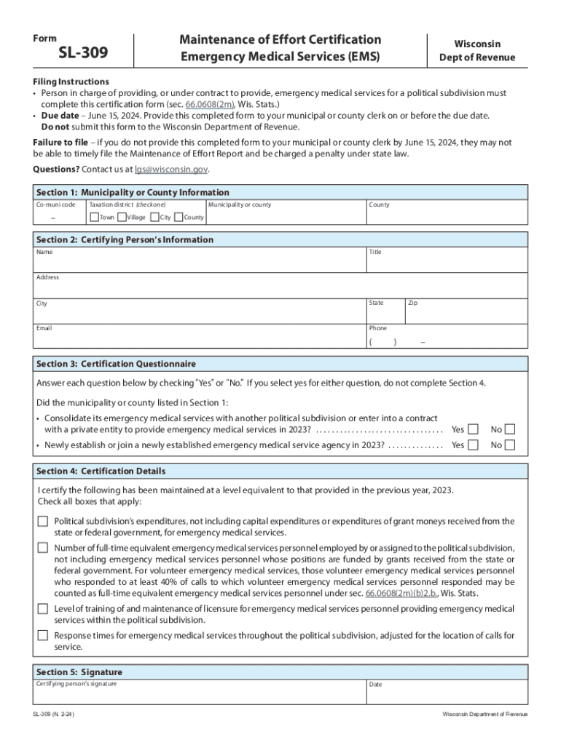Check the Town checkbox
(94, 217)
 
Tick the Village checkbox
(122, 217)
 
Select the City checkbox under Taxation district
(154, 217)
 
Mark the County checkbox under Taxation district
(178, 217)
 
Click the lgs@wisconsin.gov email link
(171, 169)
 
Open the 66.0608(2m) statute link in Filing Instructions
(211, 104)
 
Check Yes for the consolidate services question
(474, 429)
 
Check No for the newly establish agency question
(510, 445)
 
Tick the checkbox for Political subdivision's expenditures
(43, 521)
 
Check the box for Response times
(43, 635)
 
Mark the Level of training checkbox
(43, 608)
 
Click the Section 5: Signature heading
(79, 672)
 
